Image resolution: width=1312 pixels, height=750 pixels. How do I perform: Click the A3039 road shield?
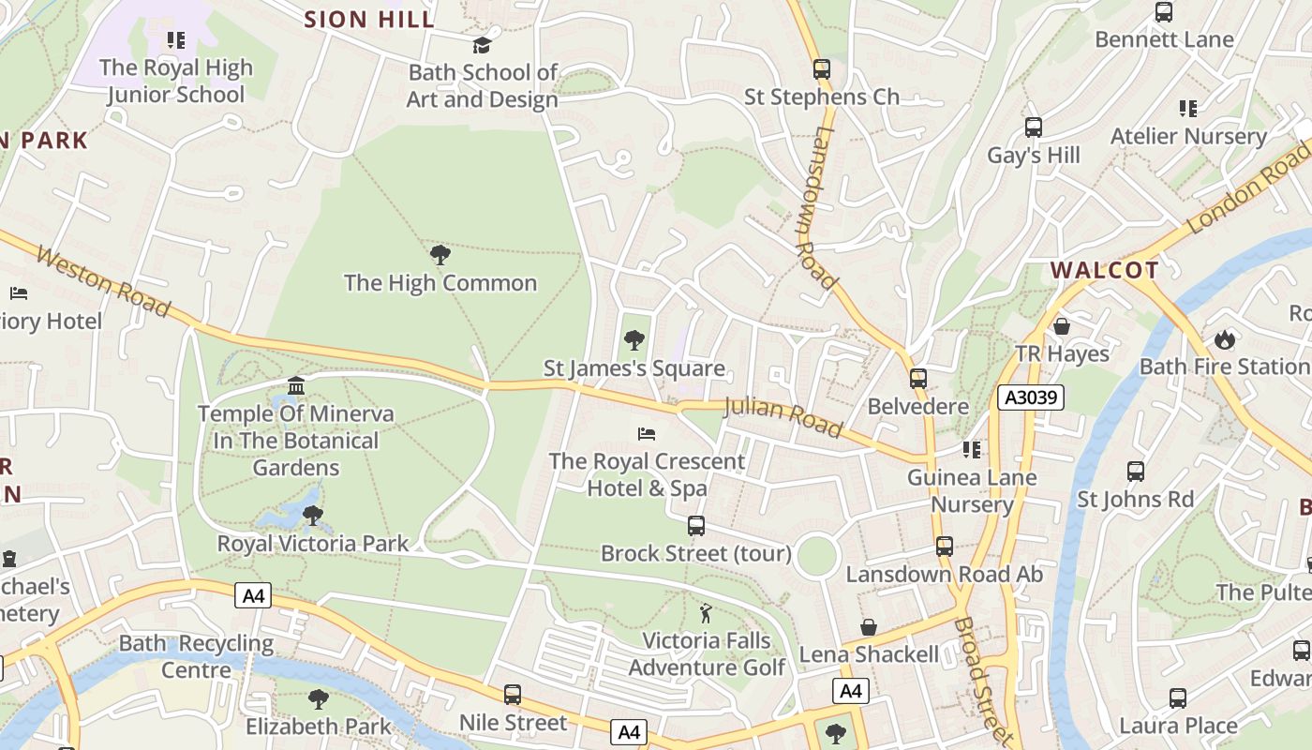tap(1030, 397)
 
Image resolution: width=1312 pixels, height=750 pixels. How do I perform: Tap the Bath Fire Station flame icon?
tap(1224, 339)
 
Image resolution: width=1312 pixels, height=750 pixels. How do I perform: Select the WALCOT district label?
tap(1104, 271)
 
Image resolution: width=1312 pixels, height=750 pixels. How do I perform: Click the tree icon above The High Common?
tap(440, 254)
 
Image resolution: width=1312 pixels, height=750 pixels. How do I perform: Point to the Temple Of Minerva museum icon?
tap(296, 385)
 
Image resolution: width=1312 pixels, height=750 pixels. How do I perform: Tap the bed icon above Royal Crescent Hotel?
tap(647, 433)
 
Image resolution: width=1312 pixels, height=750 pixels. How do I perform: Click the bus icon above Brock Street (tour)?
tap(696, 526)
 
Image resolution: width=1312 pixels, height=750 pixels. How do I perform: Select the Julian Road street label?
tap(783, 416)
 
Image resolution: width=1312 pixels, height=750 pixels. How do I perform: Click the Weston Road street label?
tap(104, 281)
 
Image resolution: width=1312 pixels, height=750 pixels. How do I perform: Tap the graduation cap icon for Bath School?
tap(482, 44)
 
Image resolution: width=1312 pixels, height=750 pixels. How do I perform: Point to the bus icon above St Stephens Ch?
tap(822, 68)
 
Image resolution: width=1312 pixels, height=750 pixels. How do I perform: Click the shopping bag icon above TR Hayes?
tap(1062, 326)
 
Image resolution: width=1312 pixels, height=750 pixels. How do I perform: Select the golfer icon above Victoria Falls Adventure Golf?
tap(707, 614)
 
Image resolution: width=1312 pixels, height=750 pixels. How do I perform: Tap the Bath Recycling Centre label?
tap(196, 657)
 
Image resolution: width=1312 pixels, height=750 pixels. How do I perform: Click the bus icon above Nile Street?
tap(513, 695)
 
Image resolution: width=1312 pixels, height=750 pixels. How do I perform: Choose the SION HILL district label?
tap(369, 19)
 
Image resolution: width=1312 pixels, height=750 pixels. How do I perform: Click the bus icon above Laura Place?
tap(1178, 698)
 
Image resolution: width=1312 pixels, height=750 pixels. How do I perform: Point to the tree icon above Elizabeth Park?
tap(318, 698)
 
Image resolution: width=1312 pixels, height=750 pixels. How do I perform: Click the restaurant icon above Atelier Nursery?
tap(1188, 109)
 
